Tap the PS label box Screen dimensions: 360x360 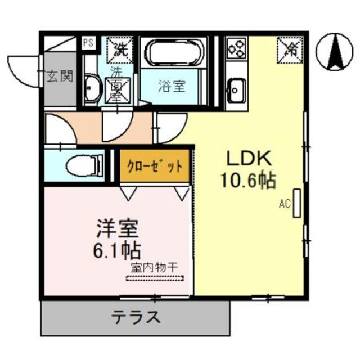pos(88,42)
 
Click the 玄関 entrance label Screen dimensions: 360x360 pos(60,76)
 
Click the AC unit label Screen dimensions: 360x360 pos(284,205)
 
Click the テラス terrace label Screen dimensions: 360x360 pos(135,317)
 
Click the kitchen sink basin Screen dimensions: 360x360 pos(235,88)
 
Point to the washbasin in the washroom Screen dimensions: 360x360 pos(92,87)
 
